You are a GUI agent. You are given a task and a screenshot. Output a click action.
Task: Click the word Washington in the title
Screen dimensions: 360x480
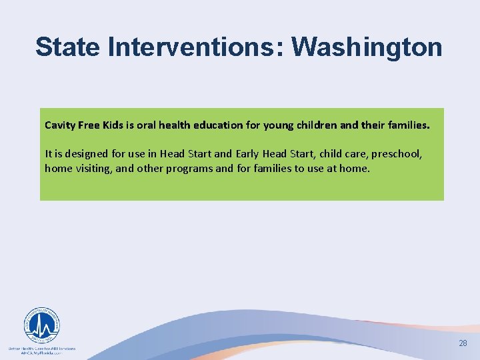pos(367,47)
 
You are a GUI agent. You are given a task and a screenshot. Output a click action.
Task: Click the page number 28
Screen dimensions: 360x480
pos(463,343)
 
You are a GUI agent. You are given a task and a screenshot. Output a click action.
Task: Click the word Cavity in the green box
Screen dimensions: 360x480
pos(60,125)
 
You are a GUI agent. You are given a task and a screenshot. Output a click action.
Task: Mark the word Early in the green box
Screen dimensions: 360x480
pos(249,154)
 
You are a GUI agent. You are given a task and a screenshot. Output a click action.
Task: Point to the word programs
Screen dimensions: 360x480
pos(189,169)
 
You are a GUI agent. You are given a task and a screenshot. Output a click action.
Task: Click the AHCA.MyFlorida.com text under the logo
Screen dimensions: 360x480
pos(41,353)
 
